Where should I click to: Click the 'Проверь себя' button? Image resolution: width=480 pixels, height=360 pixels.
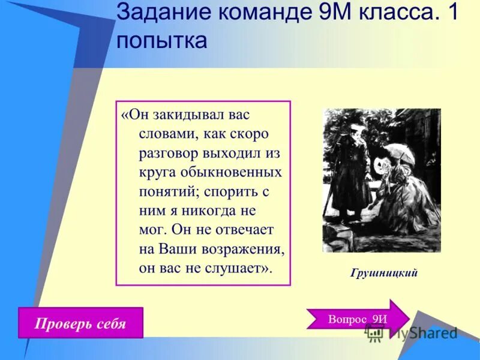click(x=80, y=325)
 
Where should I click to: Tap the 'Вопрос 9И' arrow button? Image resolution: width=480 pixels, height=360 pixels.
click(x=358, y=319)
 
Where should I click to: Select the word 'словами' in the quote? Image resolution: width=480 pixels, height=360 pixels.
click(x=164, y=133)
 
